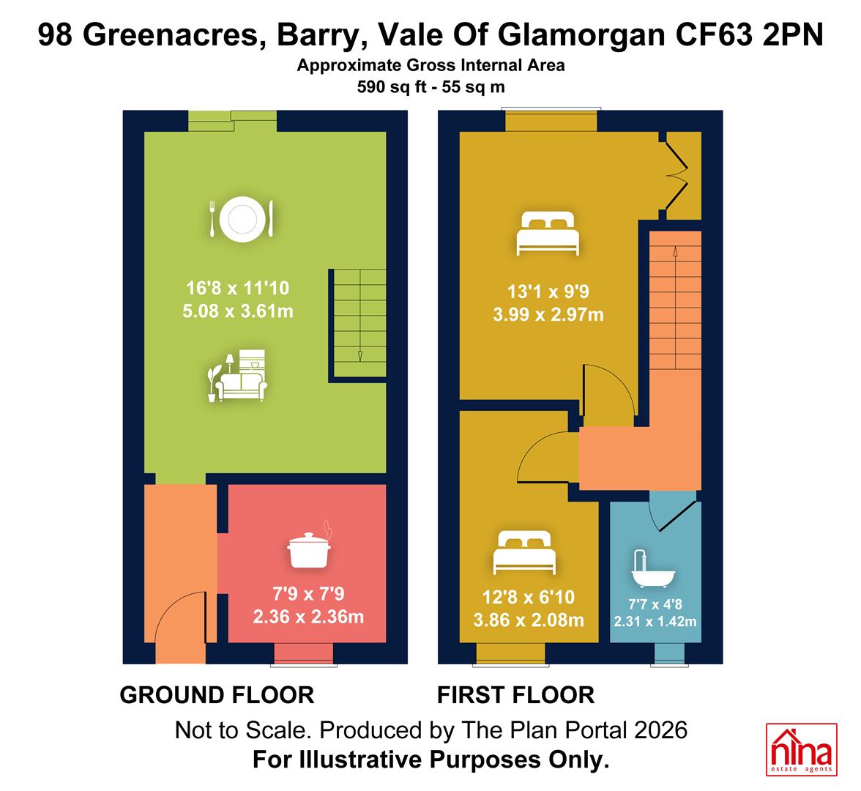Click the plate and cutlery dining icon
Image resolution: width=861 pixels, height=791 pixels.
242,219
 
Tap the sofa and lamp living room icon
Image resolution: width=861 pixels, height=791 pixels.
237,376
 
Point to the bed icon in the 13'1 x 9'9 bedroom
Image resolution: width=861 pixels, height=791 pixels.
548,234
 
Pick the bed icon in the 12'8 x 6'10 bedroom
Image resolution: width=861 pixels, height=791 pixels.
524,552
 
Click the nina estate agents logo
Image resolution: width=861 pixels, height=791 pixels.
801,750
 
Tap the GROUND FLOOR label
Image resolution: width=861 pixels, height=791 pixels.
217,695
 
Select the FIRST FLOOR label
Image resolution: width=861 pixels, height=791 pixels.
515,695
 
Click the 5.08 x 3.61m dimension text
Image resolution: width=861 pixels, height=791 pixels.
238,311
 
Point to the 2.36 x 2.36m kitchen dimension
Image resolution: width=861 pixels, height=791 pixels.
309,617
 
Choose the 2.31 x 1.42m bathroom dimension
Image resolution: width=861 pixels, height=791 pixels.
655,622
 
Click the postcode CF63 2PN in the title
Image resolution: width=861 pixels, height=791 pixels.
749,34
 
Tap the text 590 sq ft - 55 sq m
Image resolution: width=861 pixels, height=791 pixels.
431,86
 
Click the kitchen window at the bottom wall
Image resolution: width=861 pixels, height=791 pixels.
304,654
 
